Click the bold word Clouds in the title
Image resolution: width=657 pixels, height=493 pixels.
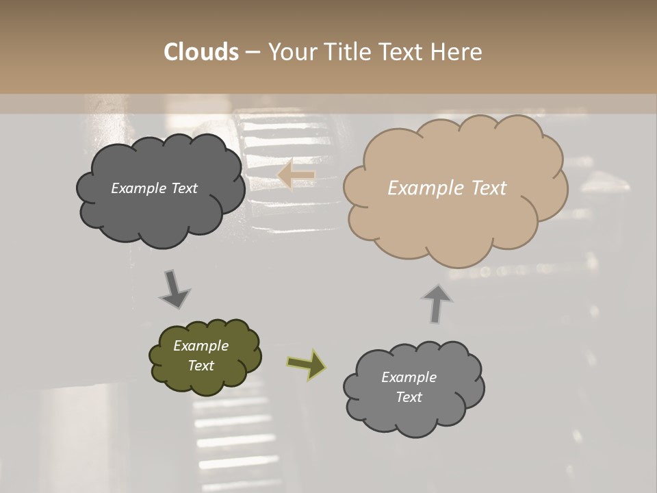point(201,52)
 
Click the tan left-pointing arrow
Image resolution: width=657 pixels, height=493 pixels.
point(296,175)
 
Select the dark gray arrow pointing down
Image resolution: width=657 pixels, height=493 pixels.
point(174,290)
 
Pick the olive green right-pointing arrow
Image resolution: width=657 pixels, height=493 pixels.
point(306,364)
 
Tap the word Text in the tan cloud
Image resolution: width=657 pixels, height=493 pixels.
point(487,188)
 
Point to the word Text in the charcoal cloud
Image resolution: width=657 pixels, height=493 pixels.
point(184,188)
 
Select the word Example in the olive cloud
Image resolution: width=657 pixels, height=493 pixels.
point(201,346)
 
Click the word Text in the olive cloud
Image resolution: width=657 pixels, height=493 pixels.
point(201,366)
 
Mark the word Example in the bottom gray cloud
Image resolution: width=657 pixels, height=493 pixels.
point(409,377)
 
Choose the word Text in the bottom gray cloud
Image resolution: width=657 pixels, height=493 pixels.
point(409,397)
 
